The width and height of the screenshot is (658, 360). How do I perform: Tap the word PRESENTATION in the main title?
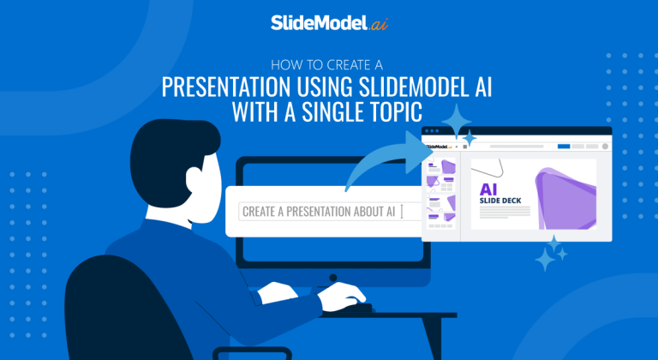pyautogui.click(x=226, y=87)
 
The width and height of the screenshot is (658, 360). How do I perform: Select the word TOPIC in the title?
pyautogui.click(x=416, y=111)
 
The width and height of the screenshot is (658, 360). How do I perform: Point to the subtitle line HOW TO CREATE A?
pyautogui.click(x=329, y=63)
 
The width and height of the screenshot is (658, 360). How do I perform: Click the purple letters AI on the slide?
pyautogui.click(x=489, y=189)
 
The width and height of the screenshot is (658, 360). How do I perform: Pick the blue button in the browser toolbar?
pyautogui.click(x=563, y=147)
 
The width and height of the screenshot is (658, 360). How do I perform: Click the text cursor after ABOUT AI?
pyautogui.click(x=401, y=211)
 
